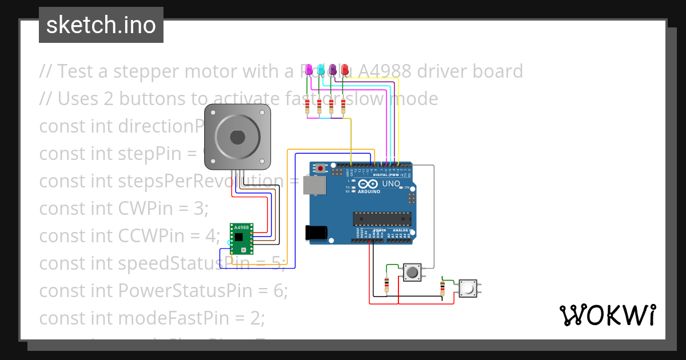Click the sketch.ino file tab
pos(101,25)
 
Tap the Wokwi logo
pos(607,315)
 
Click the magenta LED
pos(309,70)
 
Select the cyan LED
pos(321,70)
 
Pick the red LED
pos(345,70)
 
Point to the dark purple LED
pos(333,70)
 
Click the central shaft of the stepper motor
pos(237,137)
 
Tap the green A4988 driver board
pos(241,238)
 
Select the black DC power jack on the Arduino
pos(316,233)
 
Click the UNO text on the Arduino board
pos(390,184)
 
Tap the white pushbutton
pos(468,289)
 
